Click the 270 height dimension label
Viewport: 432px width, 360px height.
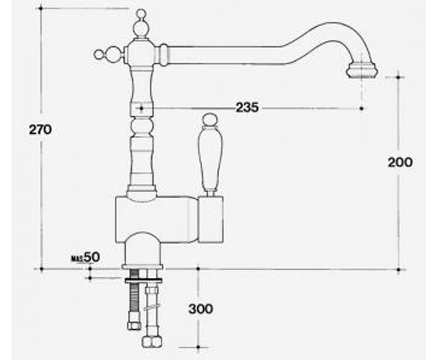point(40,130)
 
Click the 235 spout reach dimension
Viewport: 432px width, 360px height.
point(247,107)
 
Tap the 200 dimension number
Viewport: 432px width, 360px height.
point(400,162)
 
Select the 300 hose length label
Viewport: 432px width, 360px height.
point(201,309)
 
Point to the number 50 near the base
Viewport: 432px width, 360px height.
point(92,257)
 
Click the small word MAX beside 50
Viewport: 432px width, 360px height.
point(77,258)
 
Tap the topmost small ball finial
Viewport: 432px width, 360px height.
point(141,14)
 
